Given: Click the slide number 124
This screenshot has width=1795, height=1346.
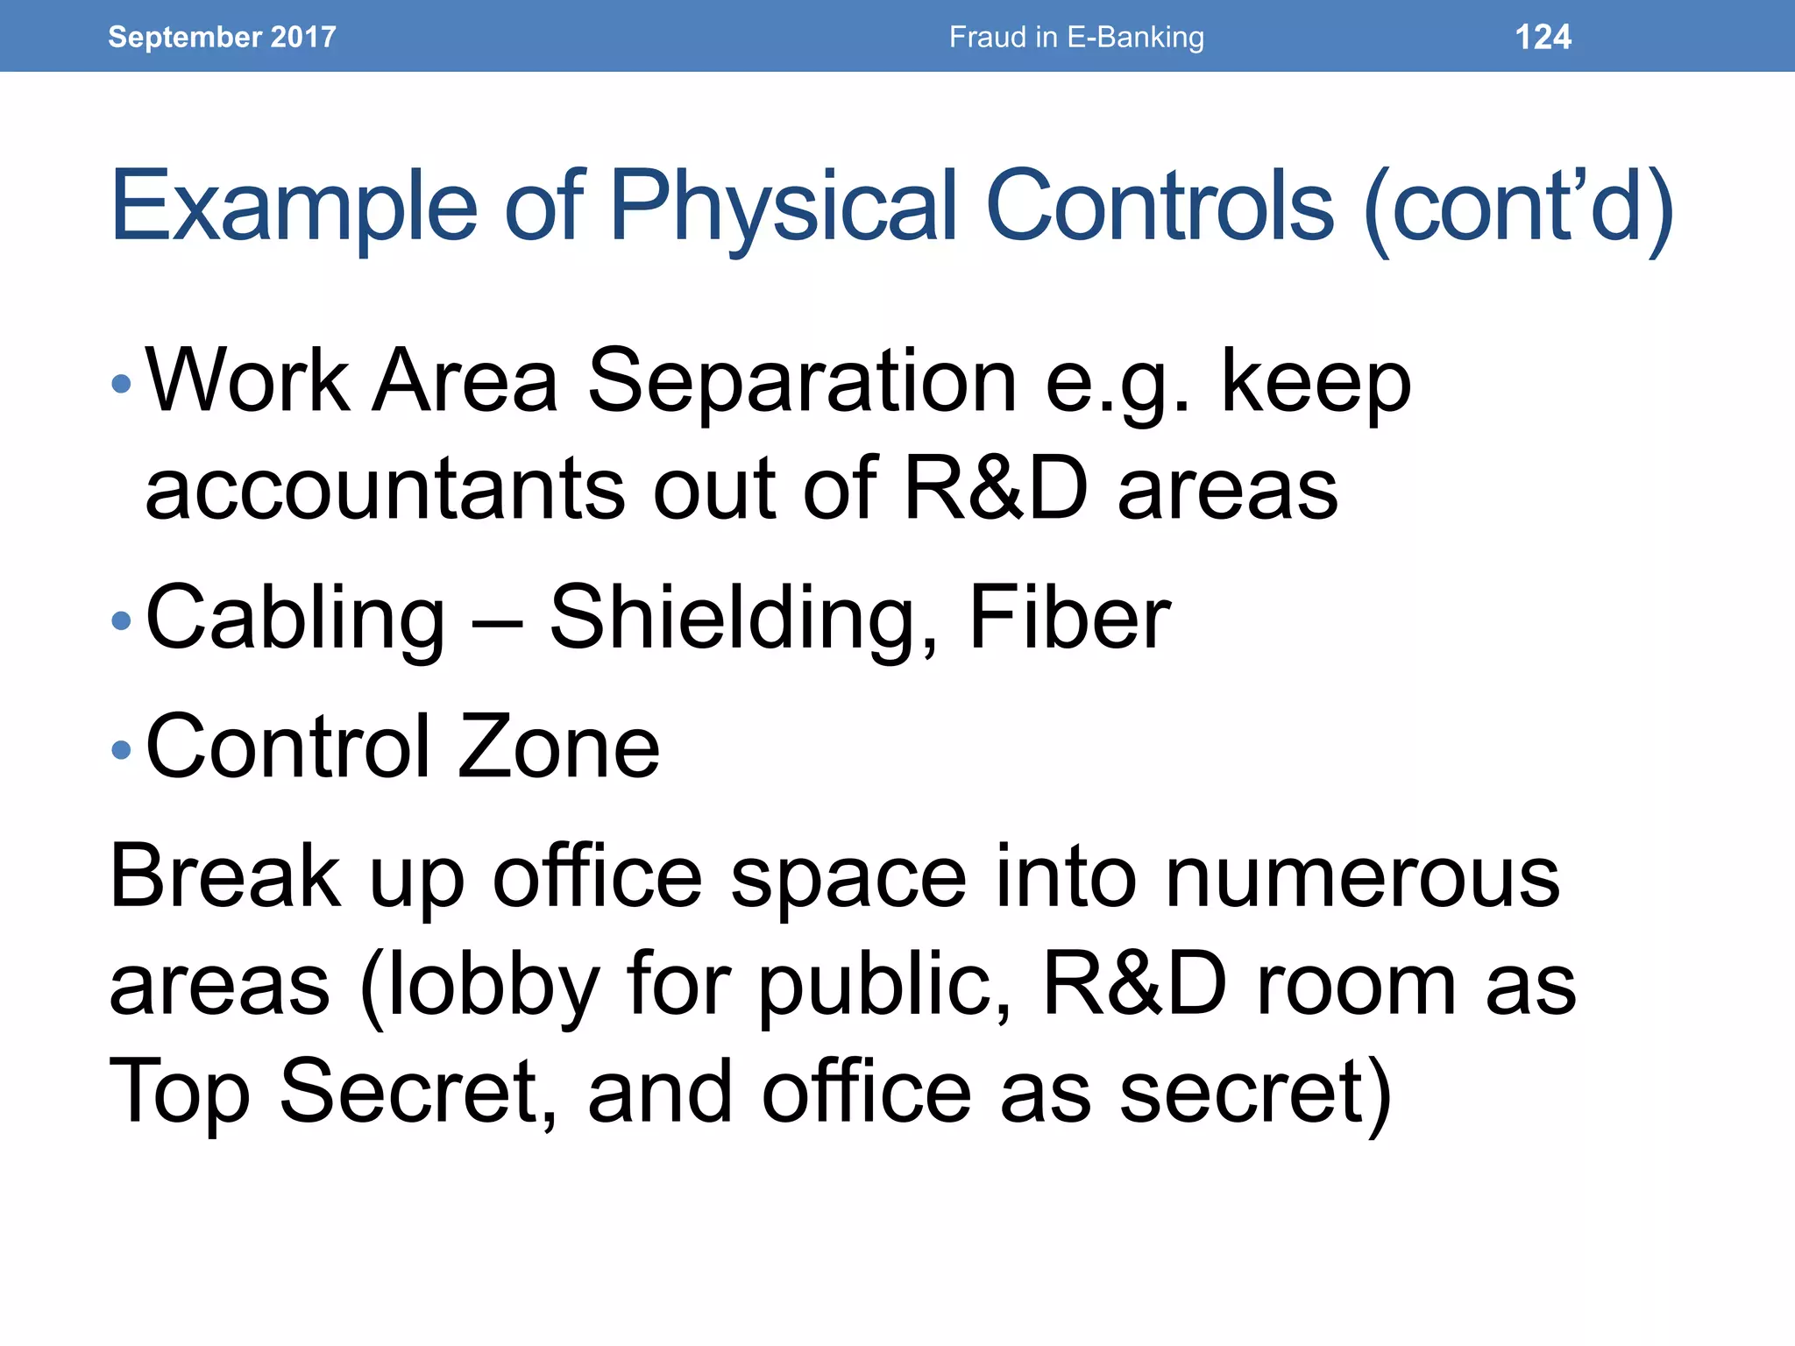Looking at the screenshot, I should [x=1543, y=37].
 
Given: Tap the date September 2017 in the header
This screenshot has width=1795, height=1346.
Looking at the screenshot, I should [x=222, y=37].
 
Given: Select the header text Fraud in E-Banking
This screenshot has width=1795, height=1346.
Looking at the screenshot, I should [x=1076, y=37].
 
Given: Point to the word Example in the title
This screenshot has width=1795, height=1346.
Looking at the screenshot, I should [x=294, y=207].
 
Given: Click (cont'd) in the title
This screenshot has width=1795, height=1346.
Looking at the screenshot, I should [x=1518, y=207].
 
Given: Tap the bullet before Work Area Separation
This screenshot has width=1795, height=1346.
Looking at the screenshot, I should [x=122, y=383].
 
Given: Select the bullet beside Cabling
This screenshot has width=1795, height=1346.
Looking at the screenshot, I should [x=122, y=621].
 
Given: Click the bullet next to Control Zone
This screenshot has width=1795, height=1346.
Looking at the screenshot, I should [x=122, y=749].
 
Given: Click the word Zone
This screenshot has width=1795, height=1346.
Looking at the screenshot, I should [x=558, y=747].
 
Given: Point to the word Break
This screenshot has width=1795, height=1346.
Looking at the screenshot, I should [x=224, y=876].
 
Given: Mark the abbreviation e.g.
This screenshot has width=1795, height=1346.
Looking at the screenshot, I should [x=1118, y=383].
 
